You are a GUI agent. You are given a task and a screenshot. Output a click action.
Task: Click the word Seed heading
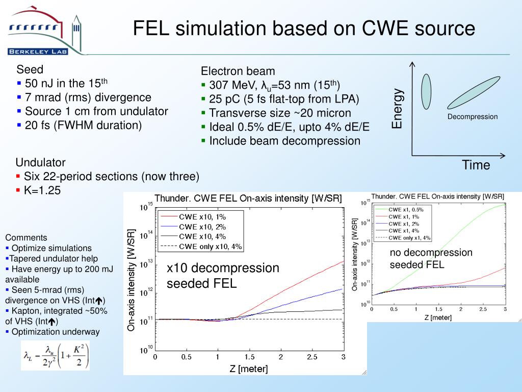pyautogui.click(x=30, y=69)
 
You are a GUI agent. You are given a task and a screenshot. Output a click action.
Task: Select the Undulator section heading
pyautogui.click(x=40, y=163)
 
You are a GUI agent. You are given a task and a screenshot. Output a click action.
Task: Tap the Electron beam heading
pyautogui.click(x=238, y=71)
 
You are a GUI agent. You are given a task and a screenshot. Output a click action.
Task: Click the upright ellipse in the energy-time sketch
pyautogui.click(x=426, y=91)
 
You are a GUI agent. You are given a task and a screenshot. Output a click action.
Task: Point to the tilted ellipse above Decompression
pyautogui.click(x=472, y=90)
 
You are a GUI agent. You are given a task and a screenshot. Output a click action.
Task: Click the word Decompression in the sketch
pyautogui.click(x=473, y=117)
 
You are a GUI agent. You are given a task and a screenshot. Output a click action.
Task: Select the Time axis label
pyautogui.click(x=476, y=165)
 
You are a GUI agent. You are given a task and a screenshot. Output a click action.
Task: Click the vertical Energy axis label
pyautogui.click(x=397, y=109)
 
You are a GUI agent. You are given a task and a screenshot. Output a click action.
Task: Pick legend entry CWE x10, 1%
pyautogui.click(x=202, y=216)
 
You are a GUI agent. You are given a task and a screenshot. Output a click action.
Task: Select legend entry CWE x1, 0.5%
pyautogui.click(x=406, y=209)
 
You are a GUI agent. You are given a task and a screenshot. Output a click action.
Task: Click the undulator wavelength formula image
pyautogui.click(x=55, y=355)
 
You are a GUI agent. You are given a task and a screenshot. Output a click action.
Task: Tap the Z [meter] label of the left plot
pyautogui.click(x=248, y=368)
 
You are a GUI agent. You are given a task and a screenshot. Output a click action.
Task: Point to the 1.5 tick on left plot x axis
pyautogui.click(x=249, y=357)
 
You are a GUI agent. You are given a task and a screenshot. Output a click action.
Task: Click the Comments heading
pyautogui.click(x=26, y=237)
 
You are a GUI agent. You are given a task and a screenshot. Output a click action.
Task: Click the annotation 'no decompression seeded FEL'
pyautogui.click(x=431, y=258)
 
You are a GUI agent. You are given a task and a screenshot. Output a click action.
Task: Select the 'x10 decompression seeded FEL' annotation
pyautogui.click(x=223, y=275)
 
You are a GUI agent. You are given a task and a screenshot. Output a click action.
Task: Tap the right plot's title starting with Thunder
pyautogui.click(x=437, y=197)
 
